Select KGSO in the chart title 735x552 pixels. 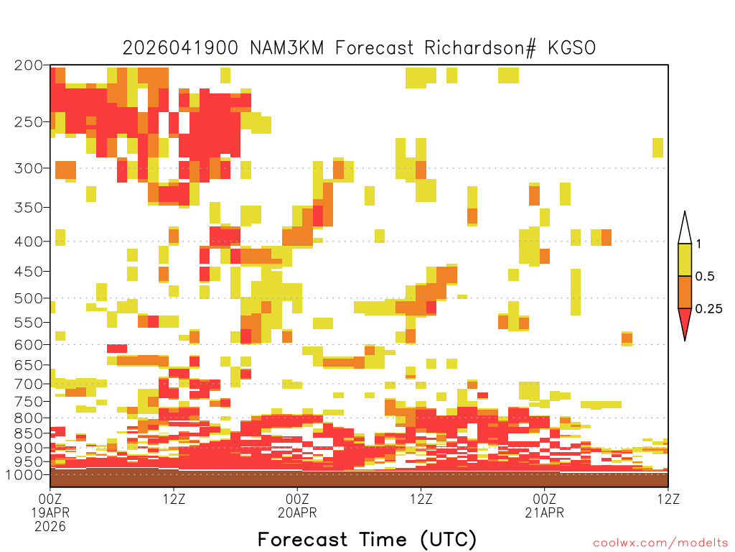(572, 48)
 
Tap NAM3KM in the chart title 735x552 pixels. (286, 48)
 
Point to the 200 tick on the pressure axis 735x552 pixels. (28, 65)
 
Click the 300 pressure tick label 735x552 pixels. (28, 168)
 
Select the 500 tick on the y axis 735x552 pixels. (28, 298)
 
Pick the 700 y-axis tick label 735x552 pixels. (28, 384)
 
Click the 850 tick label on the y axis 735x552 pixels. (28, 433)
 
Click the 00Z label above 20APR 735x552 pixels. (297, 499)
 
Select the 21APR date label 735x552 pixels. (545, 512)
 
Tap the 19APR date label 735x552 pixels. (50, 512)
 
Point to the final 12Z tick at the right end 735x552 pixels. (668, 499)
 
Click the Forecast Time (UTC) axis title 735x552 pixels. (367, 539)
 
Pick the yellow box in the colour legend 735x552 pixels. (685, 259)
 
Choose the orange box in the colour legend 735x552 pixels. (685, 292)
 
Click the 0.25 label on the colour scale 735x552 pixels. (708, 309)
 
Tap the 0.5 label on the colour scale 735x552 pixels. (705, 277)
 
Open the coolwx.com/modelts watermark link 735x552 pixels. (660, 543)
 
